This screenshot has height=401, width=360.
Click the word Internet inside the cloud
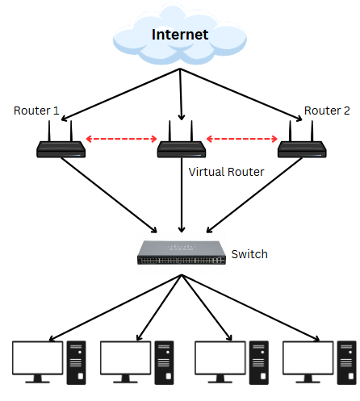click(x=181, y=35)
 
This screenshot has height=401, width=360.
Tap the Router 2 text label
click(x=327, y=110)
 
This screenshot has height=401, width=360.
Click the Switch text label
click(x=249, y=254)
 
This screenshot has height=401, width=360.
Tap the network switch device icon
click(x=181, y=253)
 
